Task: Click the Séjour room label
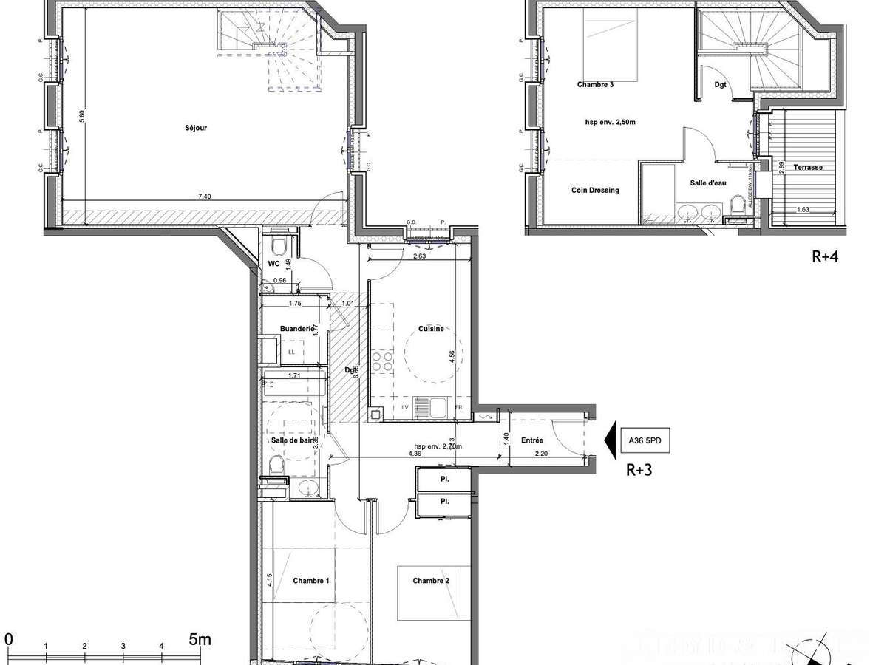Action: pyautogui.click(x=196, y=128)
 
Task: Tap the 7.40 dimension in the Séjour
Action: pyautogui.click(x=204, y=197)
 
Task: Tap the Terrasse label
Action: pyautogui.click(x=808, y=167)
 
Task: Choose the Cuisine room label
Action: pyautogui.click(x=431, y=329)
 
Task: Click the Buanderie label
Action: pyautogui.click(x=298, y=329)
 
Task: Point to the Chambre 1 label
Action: pyautogui.click(x=310, y=581)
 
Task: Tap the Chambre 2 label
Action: pyautogui.click(x=431, y=581)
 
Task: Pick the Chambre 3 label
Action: pyautogui.click(x=595, y=85)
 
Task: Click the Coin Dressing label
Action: pyautogui.click(x=595, y=190)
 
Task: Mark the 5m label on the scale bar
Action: pyautogui.click(x=200, y=639)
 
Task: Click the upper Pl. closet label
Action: pyautogui.click(x=445, y=479)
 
